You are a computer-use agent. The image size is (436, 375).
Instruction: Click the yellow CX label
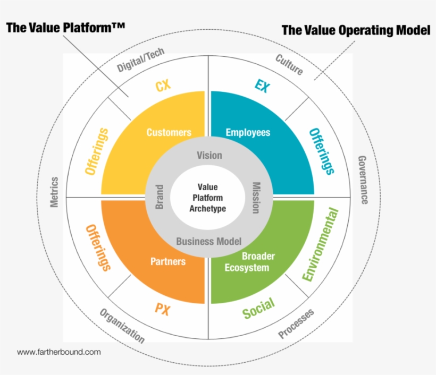pos(163,86)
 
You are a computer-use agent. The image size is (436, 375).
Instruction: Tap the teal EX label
pos(262,86)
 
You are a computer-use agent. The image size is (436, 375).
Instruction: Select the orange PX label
pos(162,309)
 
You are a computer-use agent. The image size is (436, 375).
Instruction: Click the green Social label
pos(258,308)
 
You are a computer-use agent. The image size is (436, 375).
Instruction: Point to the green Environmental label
pos(320,244)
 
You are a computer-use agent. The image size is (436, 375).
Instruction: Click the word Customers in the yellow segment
pos(169,132)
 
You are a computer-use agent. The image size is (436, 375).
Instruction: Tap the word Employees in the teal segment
pos(248,132)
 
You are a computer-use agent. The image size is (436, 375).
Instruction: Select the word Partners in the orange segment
pos(168,261)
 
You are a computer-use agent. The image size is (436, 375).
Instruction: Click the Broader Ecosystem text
pos(250,262)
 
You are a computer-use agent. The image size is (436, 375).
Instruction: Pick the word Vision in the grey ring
pos(209,155)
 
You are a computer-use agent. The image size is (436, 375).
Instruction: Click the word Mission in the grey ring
pos(256,198)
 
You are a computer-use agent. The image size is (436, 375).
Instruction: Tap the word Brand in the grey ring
pos(159,197)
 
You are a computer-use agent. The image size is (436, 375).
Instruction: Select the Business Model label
pos(209,241)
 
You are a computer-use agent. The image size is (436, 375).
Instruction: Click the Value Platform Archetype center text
pos(208,198)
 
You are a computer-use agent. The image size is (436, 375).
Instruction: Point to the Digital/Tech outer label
pos(140,59)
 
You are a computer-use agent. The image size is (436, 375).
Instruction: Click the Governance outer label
pos(363,180)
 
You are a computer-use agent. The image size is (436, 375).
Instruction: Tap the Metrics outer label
pos(54,192)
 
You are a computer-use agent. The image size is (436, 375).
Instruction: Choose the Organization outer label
pos(122,326)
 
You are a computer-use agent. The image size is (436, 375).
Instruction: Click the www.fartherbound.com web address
pos(59,352)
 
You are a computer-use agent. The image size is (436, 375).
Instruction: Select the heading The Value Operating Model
pos(356,30)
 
